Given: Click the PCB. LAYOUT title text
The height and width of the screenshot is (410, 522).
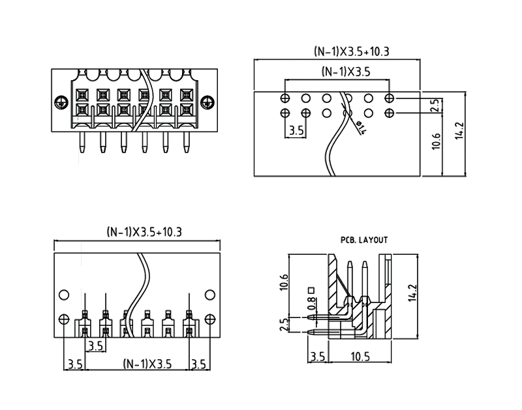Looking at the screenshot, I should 364,240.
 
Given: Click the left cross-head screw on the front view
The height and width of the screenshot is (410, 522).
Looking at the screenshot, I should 61,102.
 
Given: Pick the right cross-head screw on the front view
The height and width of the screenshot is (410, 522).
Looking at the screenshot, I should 207,102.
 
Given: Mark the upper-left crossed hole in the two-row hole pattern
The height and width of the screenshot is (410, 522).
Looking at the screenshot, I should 285,98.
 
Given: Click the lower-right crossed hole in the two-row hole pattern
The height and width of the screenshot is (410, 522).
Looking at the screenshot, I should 390,113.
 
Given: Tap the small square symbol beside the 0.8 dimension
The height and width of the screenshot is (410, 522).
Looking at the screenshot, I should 313,289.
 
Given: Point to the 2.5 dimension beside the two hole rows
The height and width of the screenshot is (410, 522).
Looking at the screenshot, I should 437,106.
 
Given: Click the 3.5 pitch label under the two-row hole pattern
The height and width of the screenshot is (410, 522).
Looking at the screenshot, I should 296,131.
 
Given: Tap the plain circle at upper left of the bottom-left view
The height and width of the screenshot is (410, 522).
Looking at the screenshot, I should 64,295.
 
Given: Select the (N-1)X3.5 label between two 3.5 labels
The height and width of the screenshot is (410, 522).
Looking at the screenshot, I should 147,364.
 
